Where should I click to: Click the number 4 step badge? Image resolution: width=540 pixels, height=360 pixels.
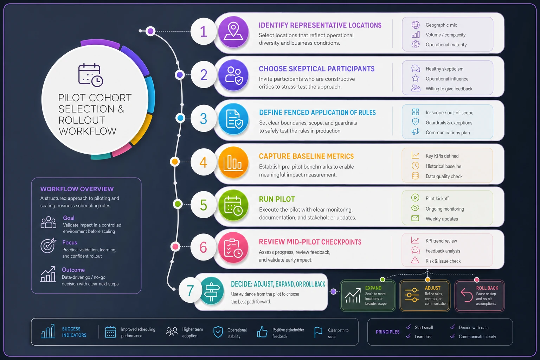[x=203, y=162]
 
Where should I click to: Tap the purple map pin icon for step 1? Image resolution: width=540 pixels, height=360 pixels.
[x=233, y=32]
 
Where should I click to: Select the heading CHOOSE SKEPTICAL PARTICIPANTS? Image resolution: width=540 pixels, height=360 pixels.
[x=316, y=69]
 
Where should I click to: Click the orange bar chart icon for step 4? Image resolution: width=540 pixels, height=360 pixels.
[x=233, y=162]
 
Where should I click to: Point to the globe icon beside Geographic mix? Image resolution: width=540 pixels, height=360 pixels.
[x=415, y=25]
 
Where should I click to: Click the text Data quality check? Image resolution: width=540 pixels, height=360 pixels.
[x=444, y=176]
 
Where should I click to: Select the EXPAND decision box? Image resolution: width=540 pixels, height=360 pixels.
[x=367, y=296]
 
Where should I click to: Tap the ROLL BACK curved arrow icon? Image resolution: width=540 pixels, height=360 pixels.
[x=467, y=295]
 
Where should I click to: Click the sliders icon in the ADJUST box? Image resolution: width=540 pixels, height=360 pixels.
[x=412, y=295]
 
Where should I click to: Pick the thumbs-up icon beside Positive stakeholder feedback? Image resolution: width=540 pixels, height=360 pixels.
[x=262, y=332]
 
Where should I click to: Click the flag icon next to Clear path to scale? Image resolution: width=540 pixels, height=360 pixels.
[x=318, y=332]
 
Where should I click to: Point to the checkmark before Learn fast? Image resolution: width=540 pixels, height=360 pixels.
[x=409, y=336]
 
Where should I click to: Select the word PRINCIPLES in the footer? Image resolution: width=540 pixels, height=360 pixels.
[x=387, y=332]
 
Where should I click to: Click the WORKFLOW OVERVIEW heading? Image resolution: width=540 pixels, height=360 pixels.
[x=77, y=189]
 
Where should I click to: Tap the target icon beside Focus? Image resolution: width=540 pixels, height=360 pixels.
[x=48, y=245]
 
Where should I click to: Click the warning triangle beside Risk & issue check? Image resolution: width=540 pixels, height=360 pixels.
[x=415, y=260]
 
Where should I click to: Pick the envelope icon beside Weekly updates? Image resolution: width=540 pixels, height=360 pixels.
[x=415, y=218]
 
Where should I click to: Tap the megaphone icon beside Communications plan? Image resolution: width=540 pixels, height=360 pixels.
[x=415, y=131]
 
